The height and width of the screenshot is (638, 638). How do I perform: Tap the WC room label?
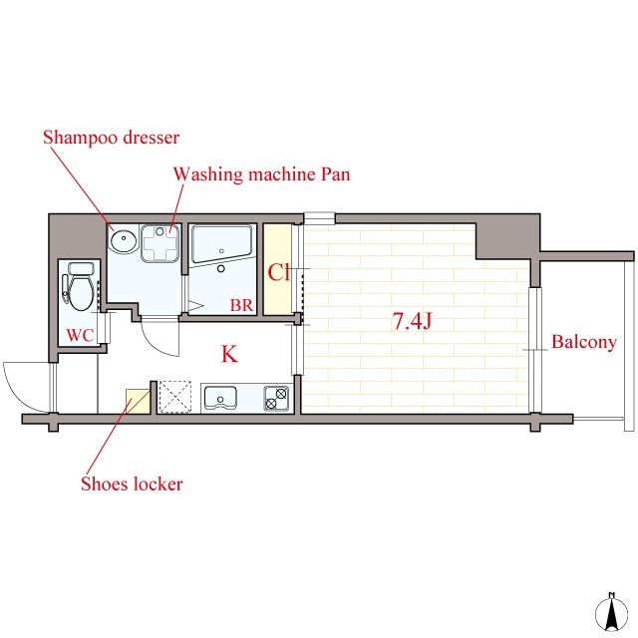point(80,335)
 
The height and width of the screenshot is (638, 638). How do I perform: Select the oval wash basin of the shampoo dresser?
point(124,240)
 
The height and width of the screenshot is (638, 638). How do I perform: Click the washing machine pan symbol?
point(159,243)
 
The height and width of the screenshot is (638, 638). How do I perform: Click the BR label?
point(241,305)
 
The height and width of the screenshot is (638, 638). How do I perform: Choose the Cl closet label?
point(279,272)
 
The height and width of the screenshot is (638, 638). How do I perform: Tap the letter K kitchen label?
point(229,354)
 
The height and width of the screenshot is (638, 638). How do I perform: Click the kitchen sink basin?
point(220,398)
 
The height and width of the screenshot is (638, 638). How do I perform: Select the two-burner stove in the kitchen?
point(276,399)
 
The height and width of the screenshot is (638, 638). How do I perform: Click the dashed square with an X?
point(175,397)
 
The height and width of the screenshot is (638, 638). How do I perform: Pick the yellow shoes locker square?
point(138,401)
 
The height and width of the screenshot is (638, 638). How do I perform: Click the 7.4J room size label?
point(412,321)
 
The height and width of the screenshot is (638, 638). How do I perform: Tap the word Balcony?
point(584,342)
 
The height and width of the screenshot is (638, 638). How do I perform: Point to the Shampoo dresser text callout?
point(111,138)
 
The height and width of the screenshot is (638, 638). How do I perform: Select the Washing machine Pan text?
point(261,174)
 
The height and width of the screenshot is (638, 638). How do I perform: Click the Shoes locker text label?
point(132,483)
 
